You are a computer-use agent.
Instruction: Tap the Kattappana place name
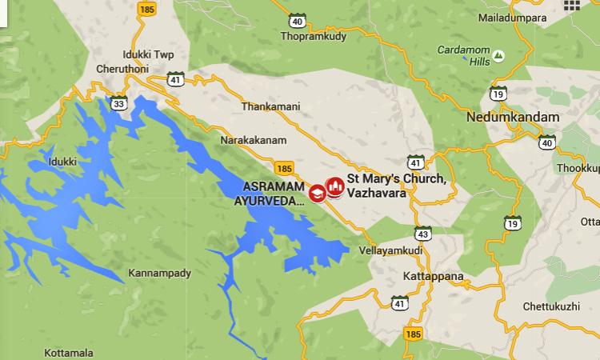tap(433, 277)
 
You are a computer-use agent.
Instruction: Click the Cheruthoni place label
tap(121, 69)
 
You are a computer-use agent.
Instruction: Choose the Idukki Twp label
tap(148, 54)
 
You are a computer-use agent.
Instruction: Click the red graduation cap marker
tap(318, 193)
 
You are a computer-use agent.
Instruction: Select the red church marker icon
tap(334, 186)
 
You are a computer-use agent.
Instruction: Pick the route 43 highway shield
tap(422, 234)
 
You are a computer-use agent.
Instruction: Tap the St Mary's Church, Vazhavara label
tap(396, 185)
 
